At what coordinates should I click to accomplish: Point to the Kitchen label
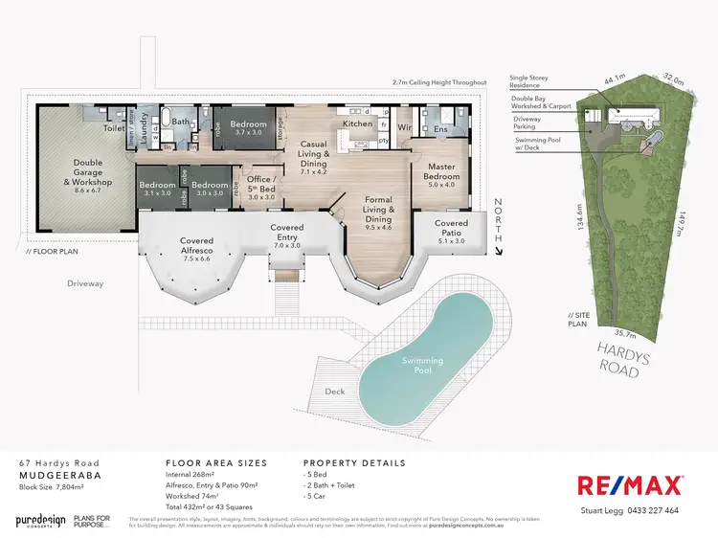tap(357, 124)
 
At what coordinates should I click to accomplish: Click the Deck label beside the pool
tap(335, 392)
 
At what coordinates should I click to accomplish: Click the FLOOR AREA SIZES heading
tap(215, 463)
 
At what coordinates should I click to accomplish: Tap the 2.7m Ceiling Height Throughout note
tap(433, 83)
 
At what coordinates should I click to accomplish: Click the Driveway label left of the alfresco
tap(84, 283)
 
